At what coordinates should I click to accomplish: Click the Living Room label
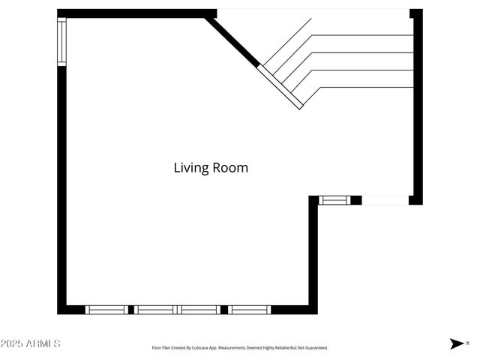tap(211, 168)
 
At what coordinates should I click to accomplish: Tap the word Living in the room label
tap(191, 168)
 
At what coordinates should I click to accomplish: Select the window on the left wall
tap(61, 42)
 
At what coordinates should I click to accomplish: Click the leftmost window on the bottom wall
tap(106, 310)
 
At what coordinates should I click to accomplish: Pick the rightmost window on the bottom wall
tap(250, 310)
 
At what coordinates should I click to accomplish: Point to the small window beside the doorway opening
tap(334, 200)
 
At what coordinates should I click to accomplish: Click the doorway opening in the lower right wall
tap(385, 200)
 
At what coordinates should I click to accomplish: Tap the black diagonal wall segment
tap(232, 41)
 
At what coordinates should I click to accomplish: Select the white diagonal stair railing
tap(280, 87)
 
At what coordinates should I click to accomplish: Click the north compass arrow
tap(457, 343)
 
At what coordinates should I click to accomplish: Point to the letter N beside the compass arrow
tap(467, 343)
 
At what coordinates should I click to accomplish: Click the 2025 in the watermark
tap(12, 343)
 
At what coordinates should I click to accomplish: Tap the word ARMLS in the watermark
tap(43, 343)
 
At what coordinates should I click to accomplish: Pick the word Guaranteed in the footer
tap(317, 348)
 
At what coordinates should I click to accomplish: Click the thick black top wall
tap(137, 13)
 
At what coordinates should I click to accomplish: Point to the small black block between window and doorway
tap(356, 200)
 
